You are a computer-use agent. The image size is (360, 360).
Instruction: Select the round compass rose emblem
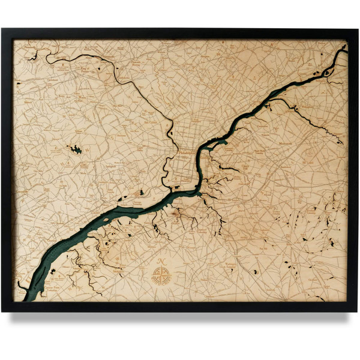tap(161, 277)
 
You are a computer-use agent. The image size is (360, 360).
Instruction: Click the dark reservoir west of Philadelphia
tap(76, 149)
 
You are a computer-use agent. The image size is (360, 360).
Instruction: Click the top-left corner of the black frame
tap(2, 28)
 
